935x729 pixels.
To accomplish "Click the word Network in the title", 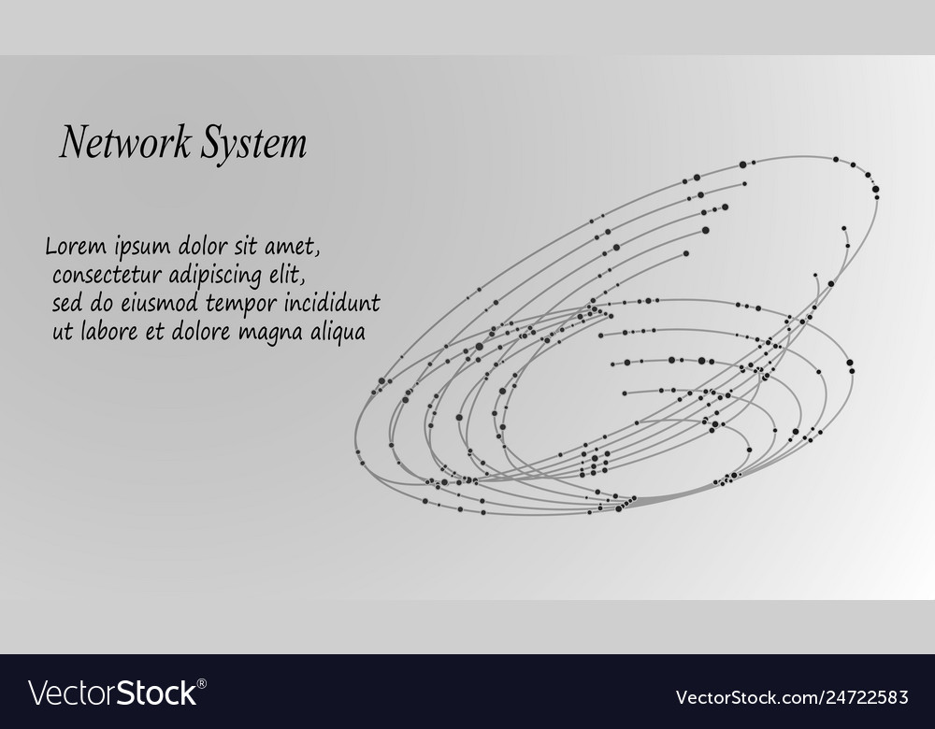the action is point(126,142).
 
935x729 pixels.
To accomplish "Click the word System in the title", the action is point(253,143).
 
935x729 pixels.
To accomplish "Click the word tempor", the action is point(241,305).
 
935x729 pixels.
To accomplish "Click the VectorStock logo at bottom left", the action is point(113,693).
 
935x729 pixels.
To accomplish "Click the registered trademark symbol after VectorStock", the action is point(202,683).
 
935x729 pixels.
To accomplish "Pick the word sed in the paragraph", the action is point(66,304).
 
